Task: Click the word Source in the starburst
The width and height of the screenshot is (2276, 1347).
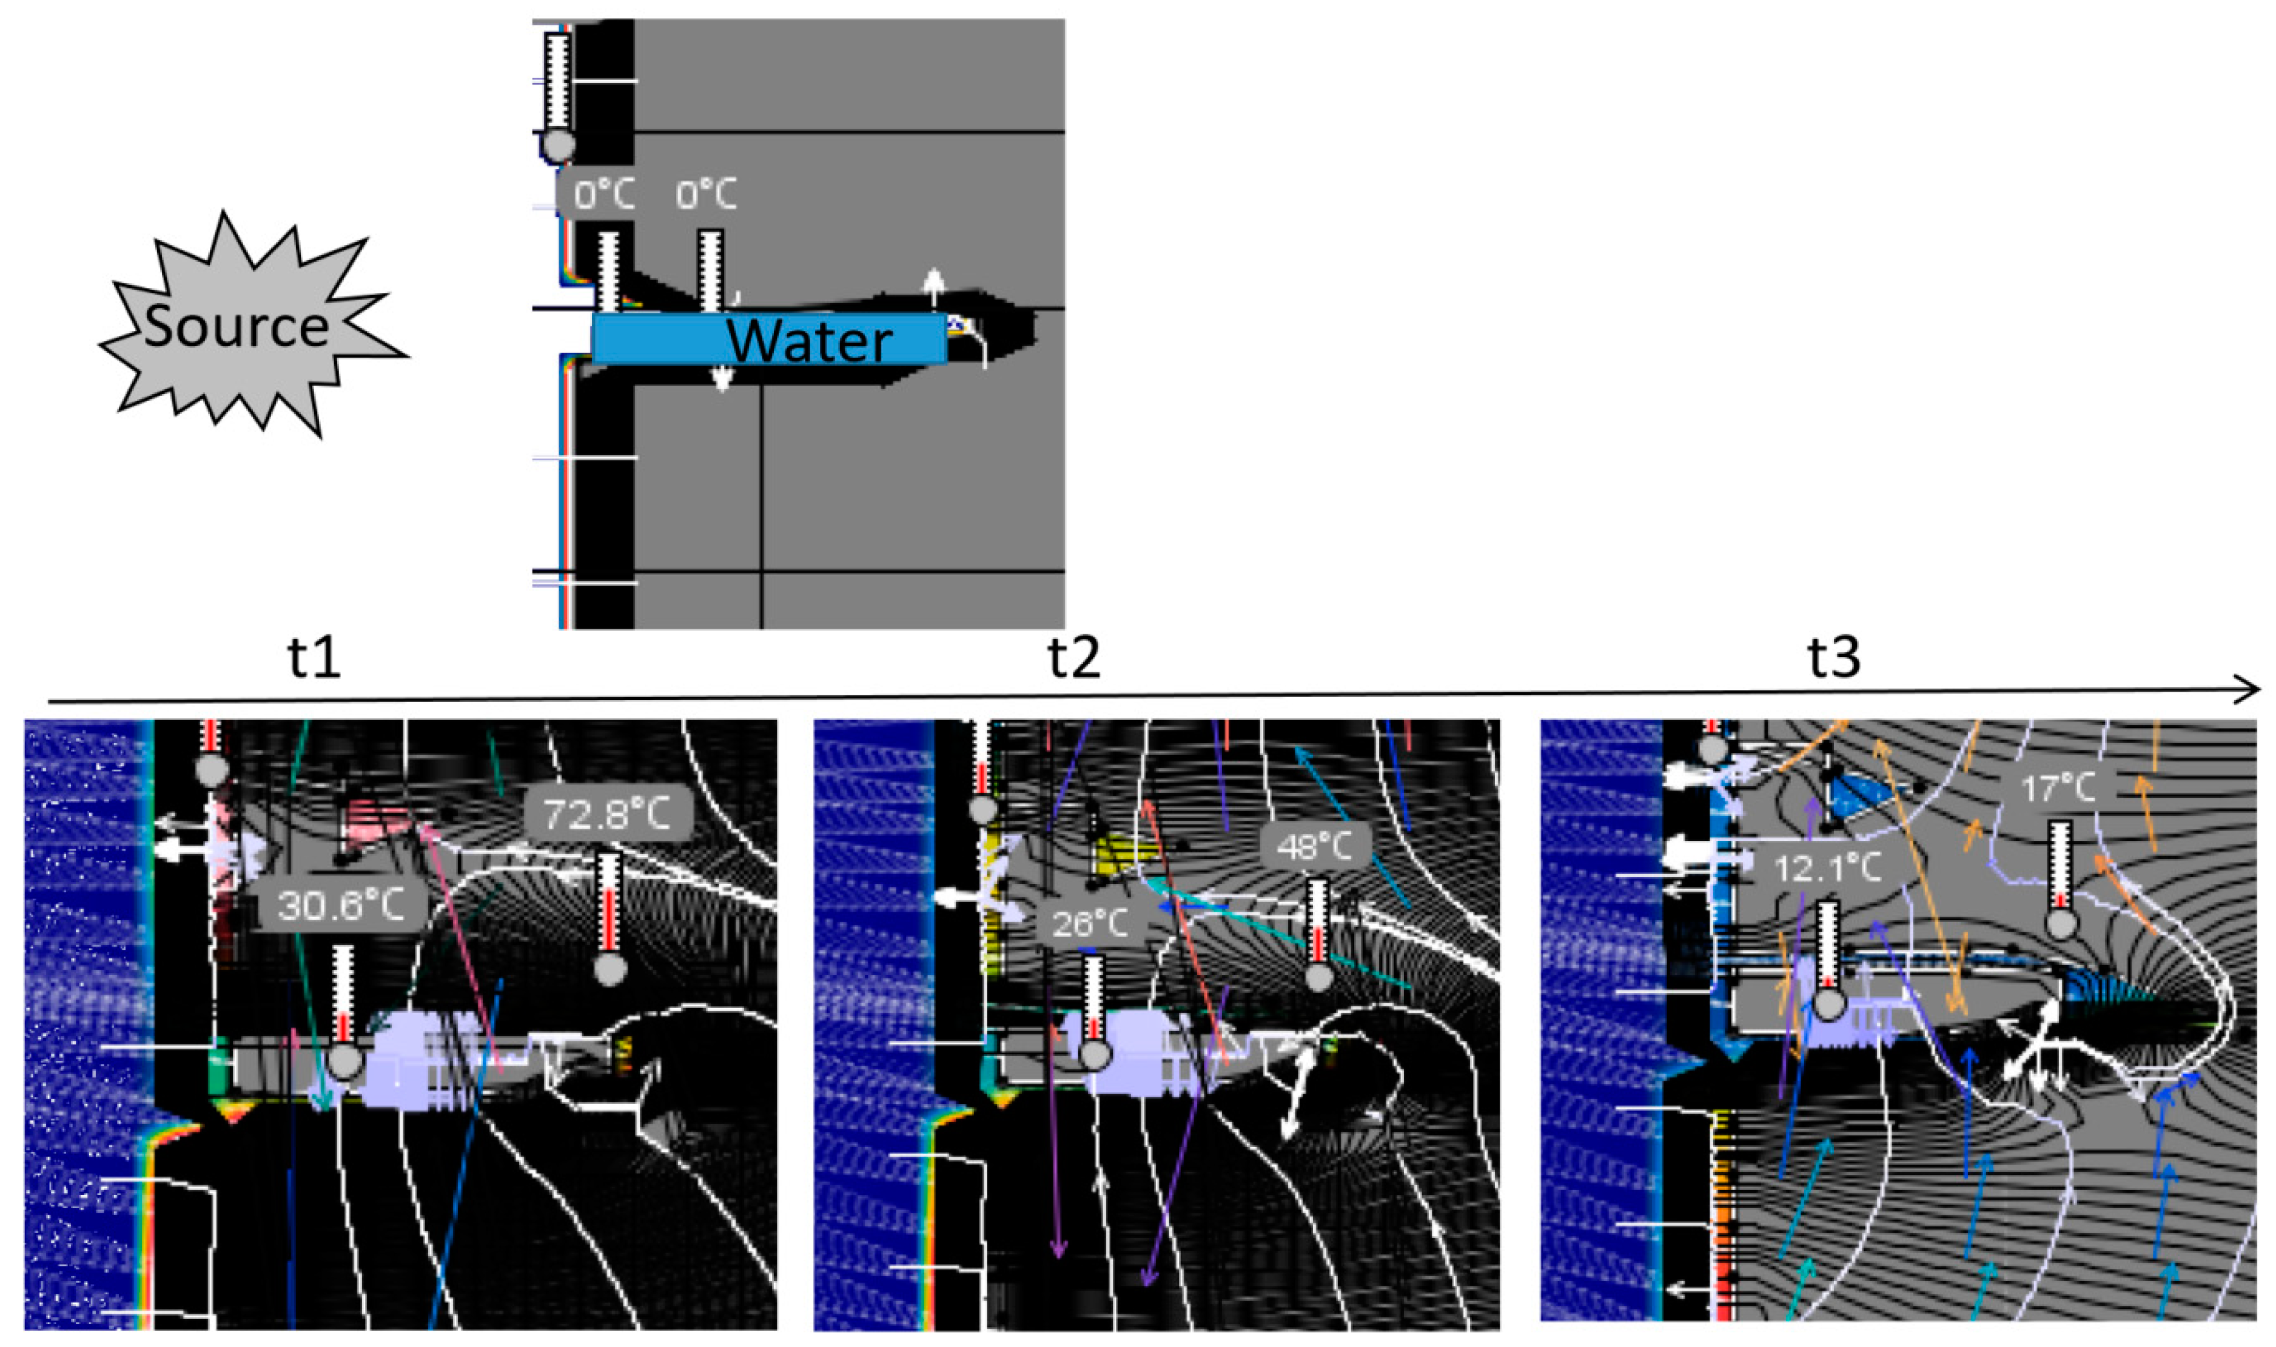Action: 236,326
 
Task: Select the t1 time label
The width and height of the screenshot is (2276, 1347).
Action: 314,657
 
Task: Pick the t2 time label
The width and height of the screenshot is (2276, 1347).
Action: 1074,657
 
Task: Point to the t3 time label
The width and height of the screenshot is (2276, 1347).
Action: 1834,657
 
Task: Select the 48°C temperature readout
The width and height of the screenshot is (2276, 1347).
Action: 1315,847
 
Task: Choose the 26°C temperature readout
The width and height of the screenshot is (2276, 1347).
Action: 1089,924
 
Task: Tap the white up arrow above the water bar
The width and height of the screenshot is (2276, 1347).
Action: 932,289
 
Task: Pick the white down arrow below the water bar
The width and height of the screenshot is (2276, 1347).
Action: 722,376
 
